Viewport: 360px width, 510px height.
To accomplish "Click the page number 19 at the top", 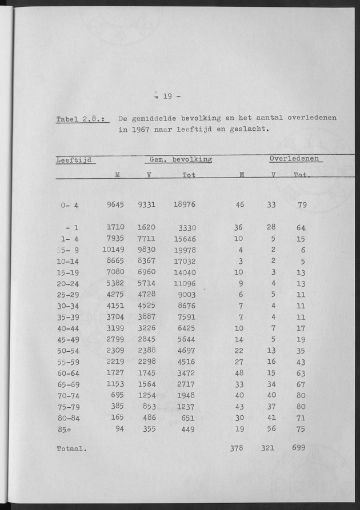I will (167, 97).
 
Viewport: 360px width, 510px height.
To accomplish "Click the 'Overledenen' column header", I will (294, 159).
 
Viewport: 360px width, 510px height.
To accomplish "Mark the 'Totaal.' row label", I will (71, 449).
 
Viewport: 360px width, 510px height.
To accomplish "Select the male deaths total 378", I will (235, 448).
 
